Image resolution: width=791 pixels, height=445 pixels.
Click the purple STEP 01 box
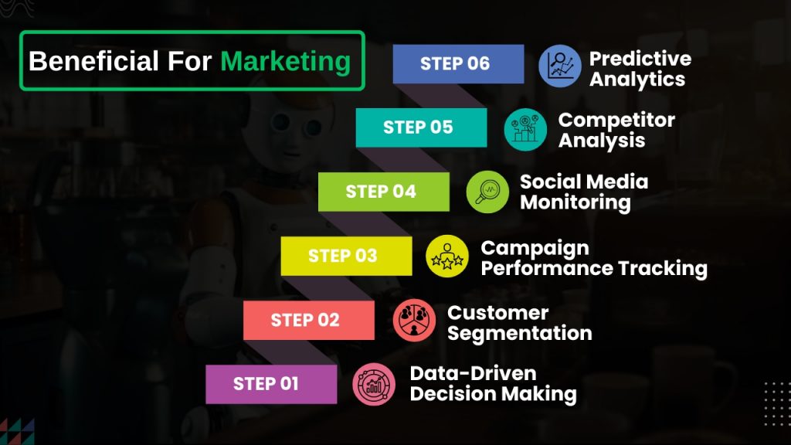pos(271,384)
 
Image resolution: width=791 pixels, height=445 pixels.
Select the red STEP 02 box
pos(309,321)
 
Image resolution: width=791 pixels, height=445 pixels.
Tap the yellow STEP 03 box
pos(346,256)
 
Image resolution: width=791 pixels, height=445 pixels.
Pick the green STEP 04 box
pos(383,192)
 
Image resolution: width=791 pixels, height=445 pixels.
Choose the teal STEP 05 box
pos(421,127)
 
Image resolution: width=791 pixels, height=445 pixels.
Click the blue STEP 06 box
pos(458,63)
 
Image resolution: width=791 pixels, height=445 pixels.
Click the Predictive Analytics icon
pos(559,66)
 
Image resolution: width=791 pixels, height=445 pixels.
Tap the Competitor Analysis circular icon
pos(525,130)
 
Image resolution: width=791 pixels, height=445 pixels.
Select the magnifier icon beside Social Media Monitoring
pos(487,192)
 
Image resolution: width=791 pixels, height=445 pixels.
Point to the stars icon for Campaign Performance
pos(447,256)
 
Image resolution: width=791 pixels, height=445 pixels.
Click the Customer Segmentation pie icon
pos(414,320)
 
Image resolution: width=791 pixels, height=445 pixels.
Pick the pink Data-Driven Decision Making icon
pos(374,384)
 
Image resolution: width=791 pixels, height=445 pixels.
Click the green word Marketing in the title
pos(286,62)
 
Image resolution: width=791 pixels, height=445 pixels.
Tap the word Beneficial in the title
pos(93,61)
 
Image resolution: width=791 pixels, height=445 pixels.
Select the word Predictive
pos(640,59)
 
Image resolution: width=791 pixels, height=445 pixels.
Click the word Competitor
pos(616,120)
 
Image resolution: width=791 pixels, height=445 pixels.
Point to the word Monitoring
pos(575,203)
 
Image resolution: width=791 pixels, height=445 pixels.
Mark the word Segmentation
pos(520,334)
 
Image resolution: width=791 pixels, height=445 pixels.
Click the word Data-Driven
pos(474,373)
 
